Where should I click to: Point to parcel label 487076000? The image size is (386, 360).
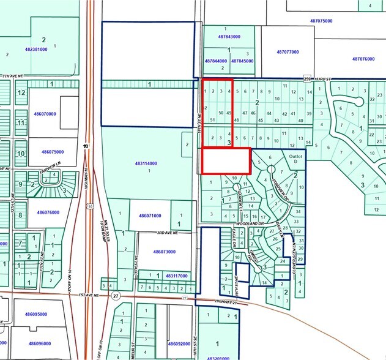(363, 59)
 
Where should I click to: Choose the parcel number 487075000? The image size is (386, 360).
(321, 21)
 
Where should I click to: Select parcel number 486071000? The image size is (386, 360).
(149, 216)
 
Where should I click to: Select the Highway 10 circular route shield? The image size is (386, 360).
(87, 146)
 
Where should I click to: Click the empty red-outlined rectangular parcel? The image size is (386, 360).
(226, 161)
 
